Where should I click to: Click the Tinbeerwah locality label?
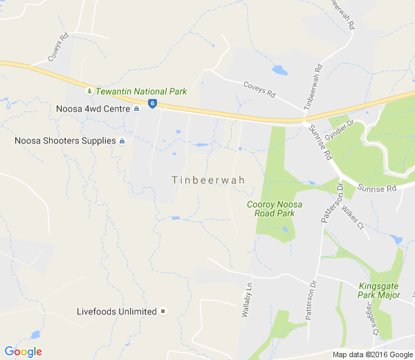click(x=208, y=180)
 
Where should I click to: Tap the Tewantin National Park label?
click(x=141, y=91)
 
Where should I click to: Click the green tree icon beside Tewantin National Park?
click(x=89, y=91)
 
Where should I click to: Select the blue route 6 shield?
click(x=152, y=104)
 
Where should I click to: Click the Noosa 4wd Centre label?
click(x=93, y=109)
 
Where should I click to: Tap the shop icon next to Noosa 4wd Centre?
click(x=137, y=109)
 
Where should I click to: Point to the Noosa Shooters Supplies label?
click(x=65, y=141)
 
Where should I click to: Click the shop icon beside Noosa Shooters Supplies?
click(x=122, y=141)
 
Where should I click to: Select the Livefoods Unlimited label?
click(x=116, y=312)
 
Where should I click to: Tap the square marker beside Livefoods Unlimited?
click(x=163, y=312)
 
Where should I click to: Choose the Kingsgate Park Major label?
click(x=380, y=291)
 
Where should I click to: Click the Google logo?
click(x=23, y=352)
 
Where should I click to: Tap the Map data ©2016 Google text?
click(x=371, y=354)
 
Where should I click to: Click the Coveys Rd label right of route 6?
click(x=259, y=89)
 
